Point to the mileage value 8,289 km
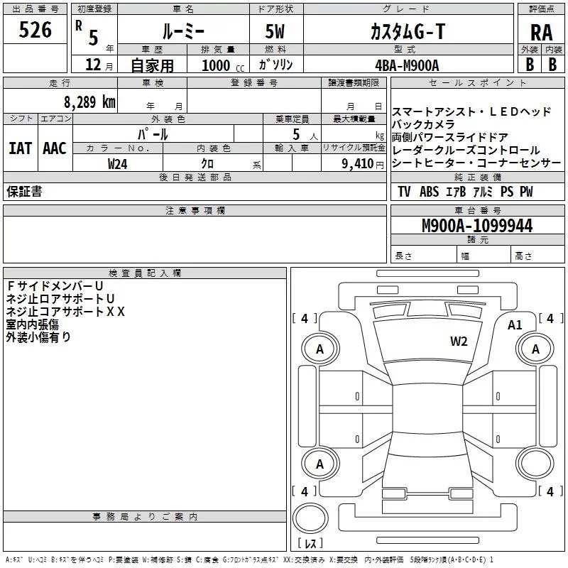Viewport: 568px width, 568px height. (x=88, y=102)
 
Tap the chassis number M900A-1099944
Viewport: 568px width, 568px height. (x=477, y=226)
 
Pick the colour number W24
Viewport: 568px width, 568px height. (x=118, y=164)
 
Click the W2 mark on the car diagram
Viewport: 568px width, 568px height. (x=459, y=342)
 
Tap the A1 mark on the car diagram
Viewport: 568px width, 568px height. (x=515, y=325)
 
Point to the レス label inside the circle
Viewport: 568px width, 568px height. (x=310, y=544)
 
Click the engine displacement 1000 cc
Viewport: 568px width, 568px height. (x=216, y=65)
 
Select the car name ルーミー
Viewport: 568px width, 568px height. (x=182, y=31)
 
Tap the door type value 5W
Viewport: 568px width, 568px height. (x=275, y=31)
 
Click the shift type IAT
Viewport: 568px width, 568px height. (x=20, y=148)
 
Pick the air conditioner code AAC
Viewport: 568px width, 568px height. (x=55, y=148)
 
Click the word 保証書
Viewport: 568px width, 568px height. (x=24, y=192)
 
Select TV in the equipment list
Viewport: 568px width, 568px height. (x=404, y=192)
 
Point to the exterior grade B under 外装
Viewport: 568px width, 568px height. (x=529, y=63)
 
